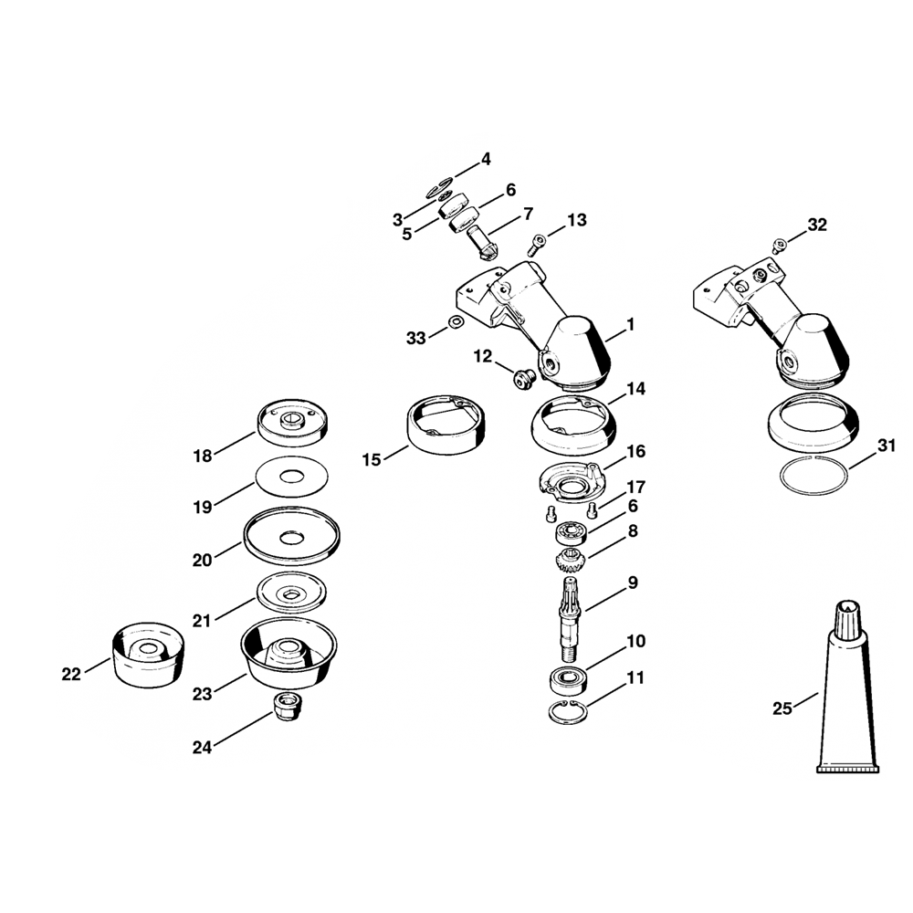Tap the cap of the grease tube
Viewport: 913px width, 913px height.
(847, 620)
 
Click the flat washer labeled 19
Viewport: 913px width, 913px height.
(291, 477)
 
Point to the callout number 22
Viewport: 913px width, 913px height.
(71, 675)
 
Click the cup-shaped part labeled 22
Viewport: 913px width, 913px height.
(148, 654)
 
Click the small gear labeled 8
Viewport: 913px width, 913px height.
(569, 561)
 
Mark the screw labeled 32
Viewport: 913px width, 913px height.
(779, 246)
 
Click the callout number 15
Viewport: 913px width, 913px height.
(371, 460)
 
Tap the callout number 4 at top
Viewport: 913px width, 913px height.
(485, 159)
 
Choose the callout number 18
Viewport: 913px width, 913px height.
(203, 456)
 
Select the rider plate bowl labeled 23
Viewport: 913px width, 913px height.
(289, 653)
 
